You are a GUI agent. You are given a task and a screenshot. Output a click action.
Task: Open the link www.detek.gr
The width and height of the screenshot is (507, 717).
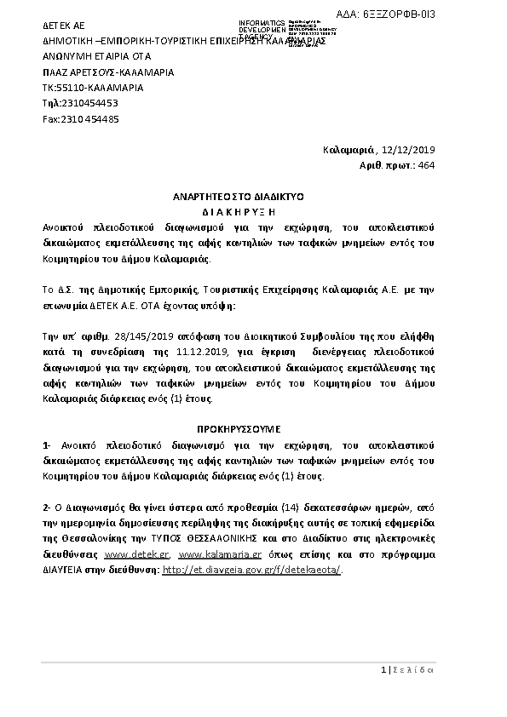[127, 554]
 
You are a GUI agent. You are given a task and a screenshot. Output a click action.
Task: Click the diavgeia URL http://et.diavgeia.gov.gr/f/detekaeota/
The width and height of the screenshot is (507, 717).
[251, 570]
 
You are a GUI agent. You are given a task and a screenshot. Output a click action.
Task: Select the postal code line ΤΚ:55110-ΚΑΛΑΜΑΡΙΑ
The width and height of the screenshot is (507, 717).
[93, 88]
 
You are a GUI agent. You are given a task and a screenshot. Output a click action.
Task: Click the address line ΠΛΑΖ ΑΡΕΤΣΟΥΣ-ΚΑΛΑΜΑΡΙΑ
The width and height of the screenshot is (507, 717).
[108, 72]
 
